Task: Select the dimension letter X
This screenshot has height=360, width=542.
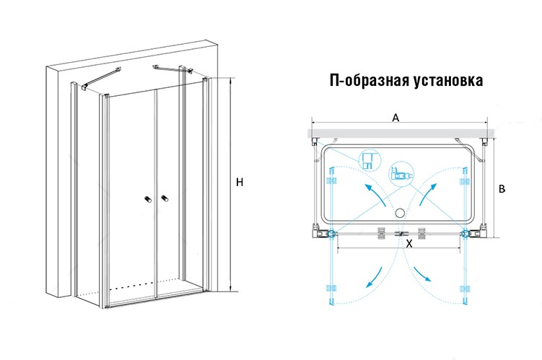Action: coord(408,244)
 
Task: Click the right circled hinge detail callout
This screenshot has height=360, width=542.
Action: coord(400,173)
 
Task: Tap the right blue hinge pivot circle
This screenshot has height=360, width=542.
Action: coord(465,234)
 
